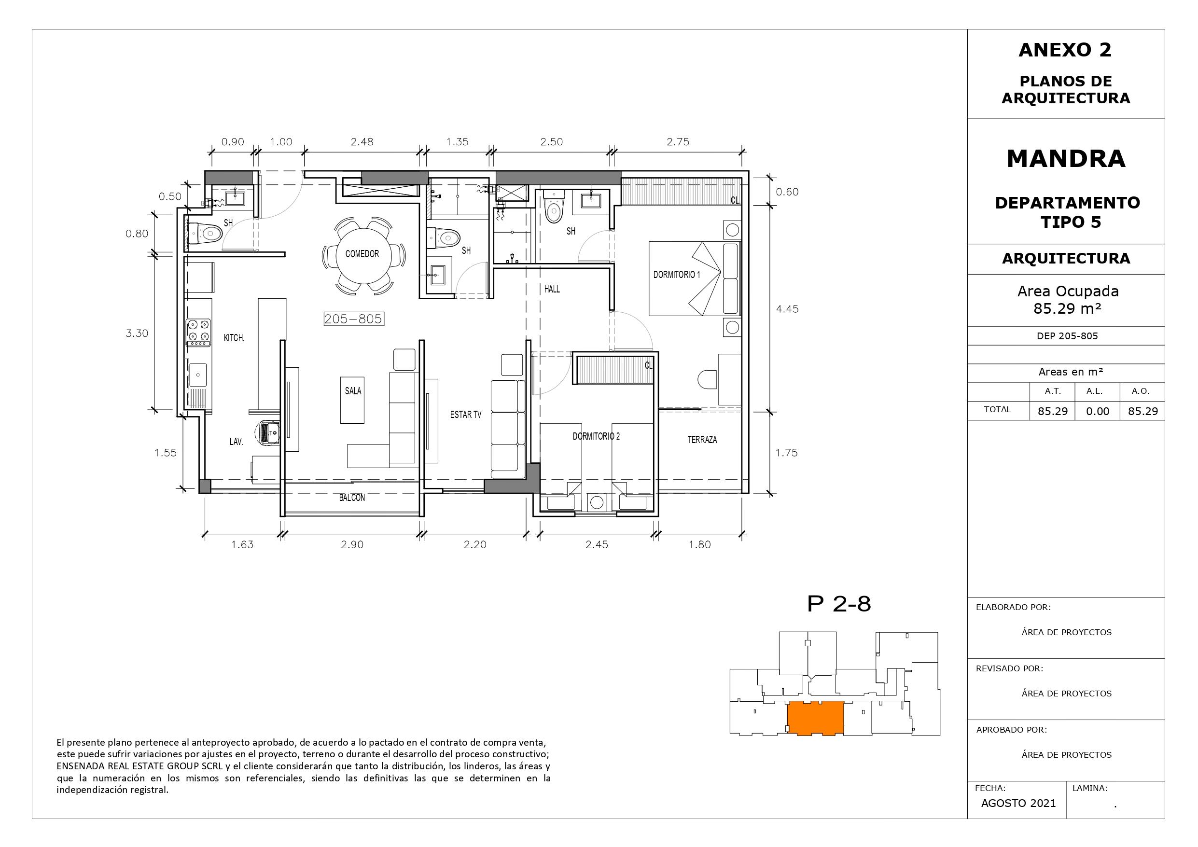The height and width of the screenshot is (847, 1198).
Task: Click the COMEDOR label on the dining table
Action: [362, 254]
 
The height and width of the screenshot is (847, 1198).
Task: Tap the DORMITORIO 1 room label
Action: [677, 275]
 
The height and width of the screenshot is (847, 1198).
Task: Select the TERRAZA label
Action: [702, 440]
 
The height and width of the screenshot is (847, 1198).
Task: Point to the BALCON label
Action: [352, 498]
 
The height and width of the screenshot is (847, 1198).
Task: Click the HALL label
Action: [552, 289]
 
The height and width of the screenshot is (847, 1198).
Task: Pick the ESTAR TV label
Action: [465, 415]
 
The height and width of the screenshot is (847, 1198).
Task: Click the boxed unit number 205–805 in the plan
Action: [354, 319]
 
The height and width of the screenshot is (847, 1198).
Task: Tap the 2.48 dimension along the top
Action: [362, 142]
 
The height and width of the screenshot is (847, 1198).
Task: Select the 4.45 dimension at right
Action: [787, 309]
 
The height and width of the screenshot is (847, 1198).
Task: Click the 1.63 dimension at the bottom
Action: [242, 545]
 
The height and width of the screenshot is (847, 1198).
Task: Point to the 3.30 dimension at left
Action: [137, 333]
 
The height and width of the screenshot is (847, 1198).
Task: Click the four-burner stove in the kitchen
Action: [199, 333]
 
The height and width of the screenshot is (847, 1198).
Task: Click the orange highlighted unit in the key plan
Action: [815, 718]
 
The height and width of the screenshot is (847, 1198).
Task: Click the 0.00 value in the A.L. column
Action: [1097, 411]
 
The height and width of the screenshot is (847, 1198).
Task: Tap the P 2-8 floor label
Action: [839, 604]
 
